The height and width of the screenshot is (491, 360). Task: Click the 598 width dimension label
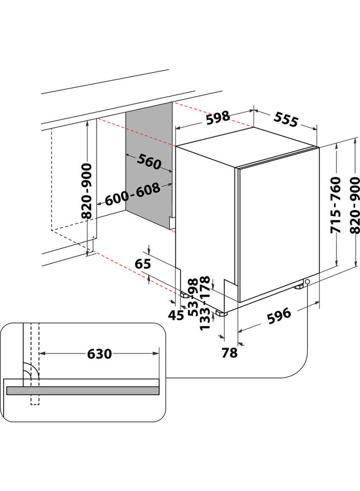point(218,118)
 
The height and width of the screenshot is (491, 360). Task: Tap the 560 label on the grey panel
point(149,162)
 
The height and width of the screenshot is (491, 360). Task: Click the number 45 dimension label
point(176,315)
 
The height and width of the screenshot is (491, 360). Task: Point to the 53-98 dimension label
point(193,297)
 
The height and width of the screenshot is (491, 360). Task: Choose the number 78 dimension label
point(230,352)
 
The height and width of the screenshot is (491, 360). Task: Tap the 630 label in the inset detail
point(99,354)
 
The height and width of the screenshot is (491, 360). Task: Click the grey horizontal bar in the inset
point(82,391)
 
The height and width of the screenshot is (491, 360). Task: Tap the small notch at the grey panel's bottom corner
point(171,223)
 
